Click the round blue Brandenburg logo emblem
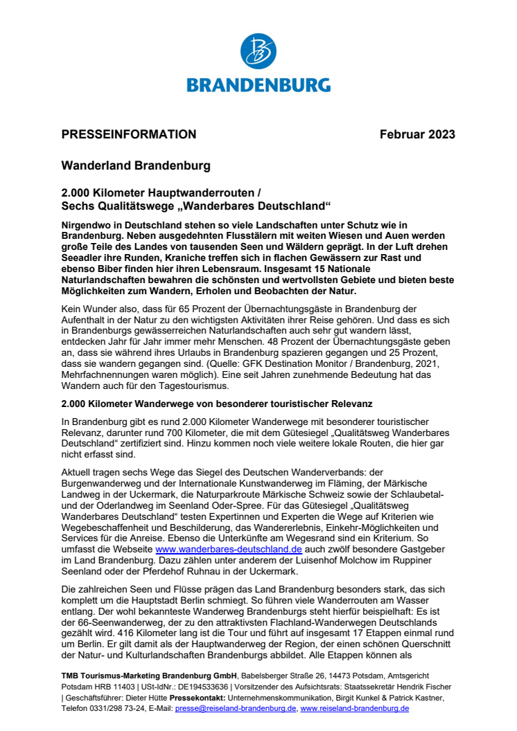(x=258, y=53)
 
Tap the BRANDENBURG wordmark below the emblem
(x=258, y=84)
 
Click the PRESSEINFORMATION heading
(x=129, y=134)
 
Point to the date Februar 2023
(x=417, y=134)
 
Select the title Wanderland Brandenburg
(x=136, y=167)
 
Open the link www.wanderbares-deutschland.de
(x=229, y=549)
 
